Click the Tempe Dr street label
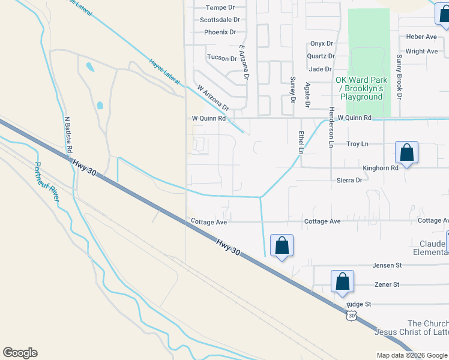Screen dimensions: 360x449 218,8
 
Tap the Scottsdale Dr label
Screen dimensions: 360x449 219,20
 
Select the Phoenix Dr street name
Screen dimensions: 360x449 220,32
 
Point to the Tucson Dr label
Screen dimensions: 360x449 222,58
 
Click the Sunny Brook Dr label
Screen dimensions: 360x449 399,76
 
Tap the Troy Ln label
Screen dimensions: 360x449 357,144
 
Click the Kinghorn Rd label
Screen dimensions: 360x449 381,169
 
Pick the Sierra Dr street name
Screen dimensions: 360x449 350,180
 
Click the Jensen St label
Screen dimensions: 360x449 387,265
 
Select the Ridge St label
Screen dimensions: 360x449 359,304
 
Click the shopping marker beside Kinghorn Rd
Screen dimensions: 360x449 406,153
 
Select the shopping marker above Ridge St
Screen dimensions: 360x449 342,281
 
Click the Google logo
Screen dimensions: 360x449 20,353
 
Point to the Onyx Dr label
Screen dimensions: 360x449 322,43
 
